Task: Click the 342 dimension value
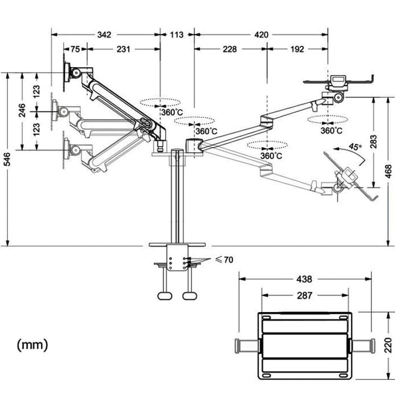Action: point(104,35)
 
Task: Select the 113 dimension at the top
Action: point(177,35)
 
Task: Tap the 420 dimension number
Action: point(261,35)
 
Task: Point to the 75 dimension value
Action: point(74,49)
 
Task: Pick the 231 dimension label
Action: point(124,49)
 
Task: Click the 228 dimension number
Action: point(230,49)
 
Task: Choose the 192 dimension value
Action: point(297,49)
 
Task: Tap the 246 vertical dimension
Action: point(22,110)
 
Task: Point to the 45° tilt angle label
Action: point(354,146)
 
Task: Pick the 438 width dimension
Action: point(304,279)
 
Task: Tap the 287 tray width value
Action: point(304,295)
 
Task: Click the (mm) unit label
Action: point(33,344)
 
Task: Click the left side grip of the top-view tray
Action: point(246,345)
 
